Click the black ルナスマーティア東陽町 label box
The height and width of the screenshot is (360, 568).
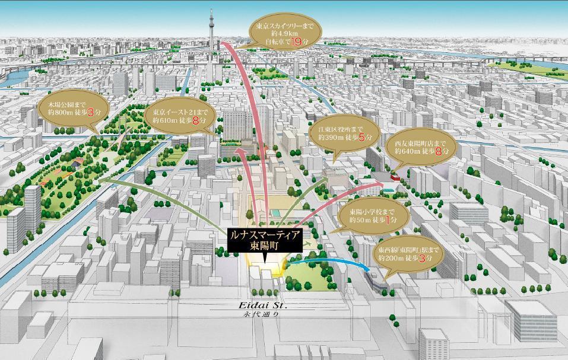265,242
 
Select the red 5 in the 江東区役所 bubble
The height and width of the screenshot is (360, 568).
361,138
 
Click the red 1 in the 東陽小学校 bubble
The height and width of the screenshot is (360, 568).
388,220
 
